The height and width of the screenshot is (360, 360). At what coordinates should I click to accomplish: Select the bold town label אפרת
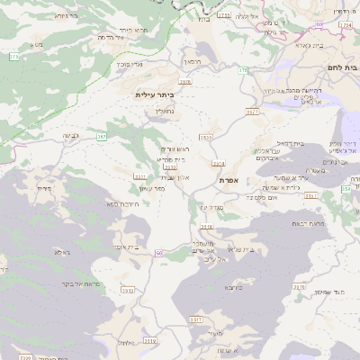229,181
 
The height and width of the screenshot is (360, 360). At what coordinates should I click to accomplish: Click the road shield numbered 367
102,137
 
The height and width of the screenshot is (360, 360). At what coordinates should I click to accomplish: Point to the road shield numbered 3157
251,112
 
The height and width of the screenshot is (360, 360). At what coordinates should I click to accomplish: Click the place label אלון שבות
175,178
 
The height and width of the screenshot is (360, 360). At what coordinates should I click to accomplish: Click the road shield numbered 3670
185,82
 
